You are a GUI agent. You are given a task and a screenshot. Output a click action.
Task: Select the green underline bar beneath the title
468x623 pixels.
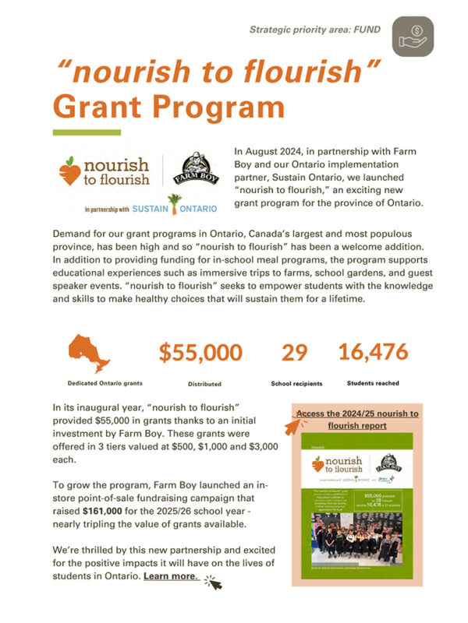coord(86,132)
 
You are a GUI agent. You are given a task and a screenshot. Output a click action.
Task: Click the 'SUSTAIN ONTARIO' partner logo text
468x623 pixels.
coord(175,208)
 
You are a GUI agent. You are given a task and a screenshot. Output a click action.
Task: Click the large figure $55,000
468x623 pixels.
coord(200,353)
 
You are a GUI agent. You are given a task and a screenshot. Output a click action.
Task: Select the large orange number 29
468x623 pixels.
coord(294,353)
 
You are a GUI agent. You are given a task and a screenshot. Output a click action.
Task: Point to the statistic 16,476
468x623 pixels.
coord(373,352)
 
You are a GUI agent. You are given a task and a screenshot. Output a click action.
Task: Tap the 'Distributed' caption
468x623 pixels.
coord(204,384)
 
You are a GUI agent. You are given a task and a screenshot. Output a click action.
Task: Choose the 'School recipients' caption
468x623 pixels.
coord(297,384)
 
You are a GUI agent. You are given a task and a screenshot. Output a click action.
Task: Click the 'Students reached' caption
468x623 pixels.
coord(373,383)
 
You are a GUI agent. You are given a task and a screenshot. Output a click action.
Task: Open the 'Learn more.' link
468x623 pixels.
coord(171,577)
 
